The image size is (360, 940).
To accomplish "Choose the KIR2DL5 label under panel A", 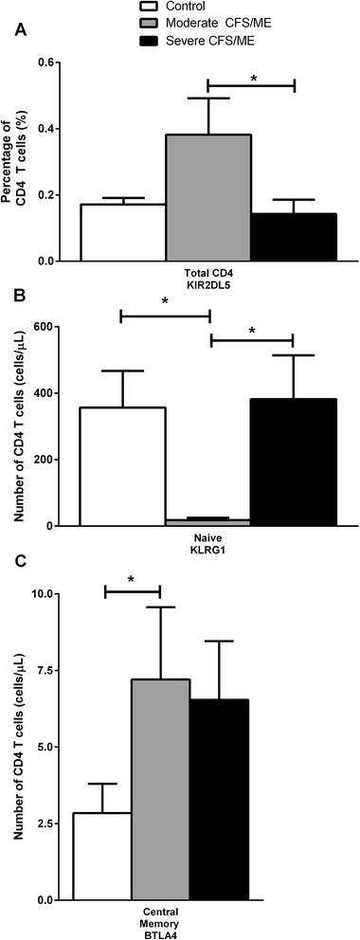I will [x=208, y=285].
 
